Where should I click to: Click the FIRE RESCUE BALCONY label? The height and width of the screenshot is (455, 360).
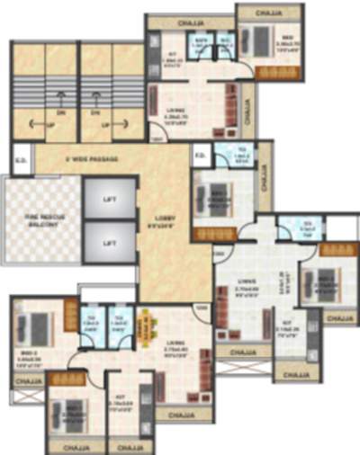coord(40,221)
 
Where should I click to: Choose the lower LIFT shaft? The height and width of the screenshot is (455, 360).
coord(109,244)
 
